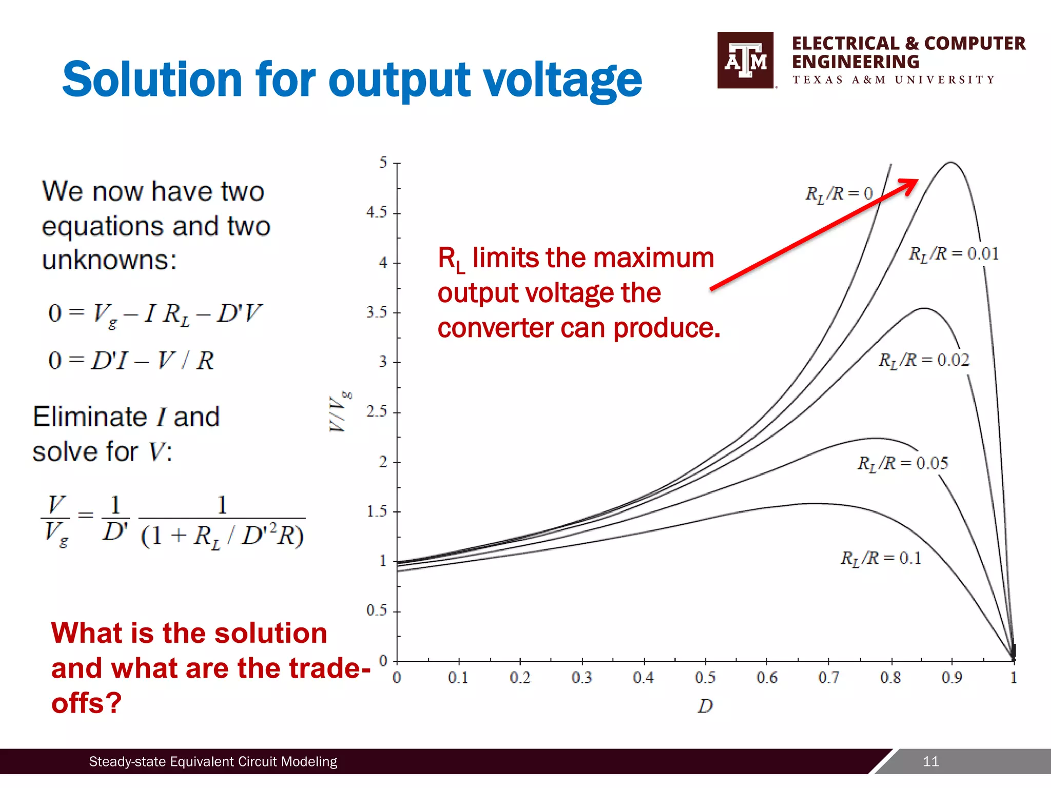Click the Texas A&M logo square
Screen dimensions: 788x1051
click(745, 60)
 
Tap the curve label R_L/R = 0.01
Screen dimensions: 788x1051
click(953, 254)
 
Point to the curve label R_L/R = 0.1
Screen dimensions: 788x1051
click(881, 558)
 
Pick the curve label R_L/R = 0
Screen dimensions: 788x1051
click(839, 194)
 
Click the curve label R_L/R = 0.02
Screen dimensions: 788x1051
click(924, 360)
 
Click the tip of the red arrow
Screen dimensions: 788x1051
click(918, 180)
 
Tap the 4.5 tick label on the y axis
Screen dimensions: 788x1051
click(377, 212)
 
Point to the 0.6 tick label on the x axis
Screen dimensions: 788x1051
click(767, 678)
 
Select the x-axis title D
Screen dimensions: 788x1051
click(705, 706)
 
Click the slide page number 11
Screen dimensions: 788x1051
click(930, 761)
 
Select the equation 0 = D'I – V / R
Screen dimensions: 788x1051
click(131, 361)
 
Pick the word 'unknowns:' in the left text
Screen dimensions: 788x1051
click(109, 260)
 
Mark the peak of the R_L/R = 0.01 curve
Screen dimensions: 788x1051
click(951, 163)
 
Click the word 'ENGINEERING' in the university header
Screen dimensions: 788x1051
click(855, 62)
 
